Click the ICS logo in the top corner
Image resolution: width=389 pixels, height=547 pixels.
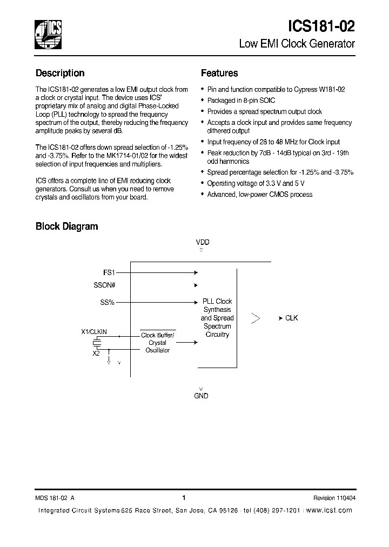point(48,34)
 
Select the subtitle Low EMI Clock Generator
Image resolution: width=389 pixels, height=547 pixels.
point(297,44)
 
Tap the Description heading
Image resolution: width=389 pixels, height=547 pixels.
point(60,73)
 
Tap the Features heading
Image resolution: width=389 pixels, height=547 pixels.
point(219,73)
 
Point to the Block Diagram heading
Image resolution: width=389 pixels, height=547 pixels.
point(67,226)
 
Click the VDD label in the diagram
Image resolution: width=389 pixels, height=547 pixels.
point(203,242)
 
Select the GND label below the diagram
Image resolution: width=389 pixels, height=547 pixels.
point(201,396)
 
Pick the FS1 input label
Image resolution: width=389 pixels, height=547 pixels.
point(109,273)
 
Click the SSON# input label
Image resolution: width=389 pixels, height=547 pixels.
point(104,285)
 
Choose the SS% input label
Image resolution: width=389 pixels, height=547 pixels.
point(107,302)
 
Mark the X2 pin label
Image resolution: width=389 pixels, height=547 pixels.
point(96,353)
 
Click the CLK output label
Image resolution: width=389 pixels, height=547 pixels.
point(291,318)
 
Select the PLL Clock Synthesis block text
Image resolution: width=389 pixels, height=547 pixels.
point(217,318)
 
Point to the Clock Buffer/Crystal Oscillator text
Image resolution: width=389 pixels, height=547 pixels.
point(158,343)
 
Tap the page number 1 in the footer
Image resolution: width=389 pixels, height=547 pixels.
point(184,498)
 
